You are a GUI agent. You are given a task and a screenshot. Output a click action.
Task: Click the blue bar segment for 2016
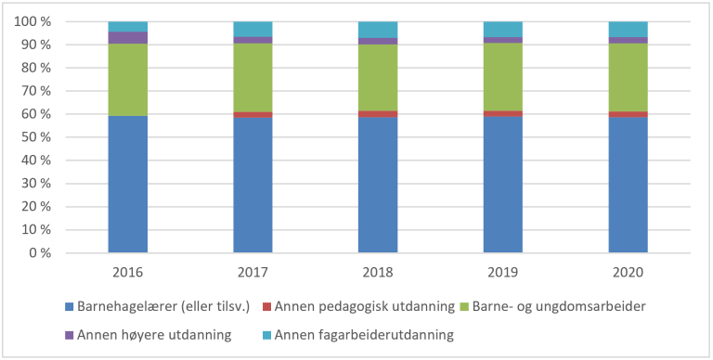click(x=127, y=184)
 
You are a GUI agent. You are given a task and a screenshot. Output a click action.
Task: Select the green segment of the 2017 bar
click(x=253, y=78)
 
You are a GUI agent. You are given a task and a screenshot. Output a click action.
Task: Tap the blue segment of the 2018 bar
click(x=378, y=185)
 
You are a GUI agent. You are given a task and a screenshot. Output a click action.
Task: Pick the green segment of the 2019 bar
click(x=503, y=77)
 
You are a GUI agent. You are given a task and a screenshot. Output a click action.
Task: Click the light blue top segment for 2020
click(x=629, y=29)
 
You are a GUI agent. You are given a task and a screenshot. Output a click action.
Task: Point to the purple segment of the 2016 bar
click(x=127, y=38)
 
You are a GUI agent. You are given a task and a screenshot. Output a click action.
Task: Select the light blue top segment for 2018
click(x=378, y=30)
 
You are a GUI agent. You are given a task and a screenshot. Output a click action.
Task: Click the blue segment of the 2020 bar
click(x=629, y=185)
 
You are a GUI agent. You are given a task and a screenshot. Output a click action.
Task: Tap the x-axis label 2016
click(x=127, y=274)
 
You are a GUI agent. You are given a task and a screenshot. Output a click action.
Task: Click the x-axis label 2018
click(x=378, y=274)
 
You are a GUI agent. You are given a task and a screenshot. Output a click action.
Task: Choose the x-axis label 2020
click(x=629, y=274)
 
